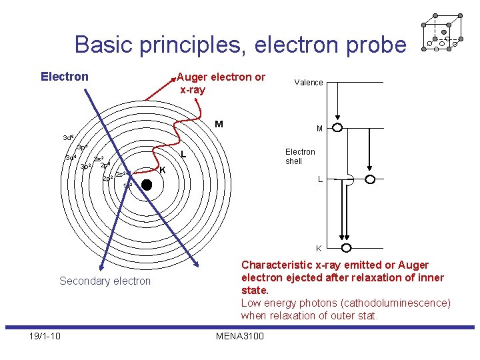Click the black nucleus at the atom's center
click(x=147, y=186)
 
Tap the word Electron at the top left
click(x=65, y=77)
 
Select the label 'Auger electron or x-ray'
click(x=221, y=83)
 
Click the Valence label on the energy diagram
click(x=309, y=83)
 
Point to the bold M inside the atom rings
click(x=219, y=123)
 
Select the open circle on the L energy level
click(x=370, y=179)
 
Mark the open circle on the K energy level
click(x=346, y=248)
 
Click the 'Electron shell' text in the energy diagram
click(x=300, y=156)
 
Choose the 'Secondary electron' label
click(x=105, y=281)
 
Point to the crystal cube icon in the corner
click(x=441, y=33)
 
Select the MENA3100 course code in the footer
click(x=240, y=335)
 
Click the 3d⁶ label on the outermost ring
click(x=68, y=138)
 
